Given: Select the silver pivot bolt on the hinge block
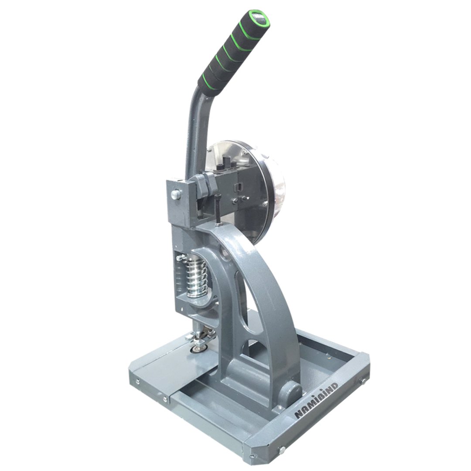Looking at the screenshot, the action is click(x=175, y=195).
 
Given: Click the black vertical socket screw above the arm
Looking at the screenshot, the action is click(x=218, y=208).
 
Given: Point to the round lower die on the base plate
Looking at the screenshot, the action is click(x=198, y=349).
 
